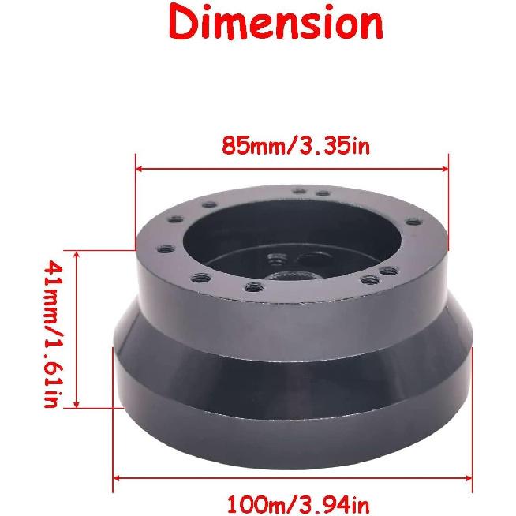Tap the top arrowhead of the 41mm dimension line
(77, 254)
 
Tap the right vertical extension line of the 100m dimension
(471, 418)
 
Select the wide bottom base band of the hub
(292, 383)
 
